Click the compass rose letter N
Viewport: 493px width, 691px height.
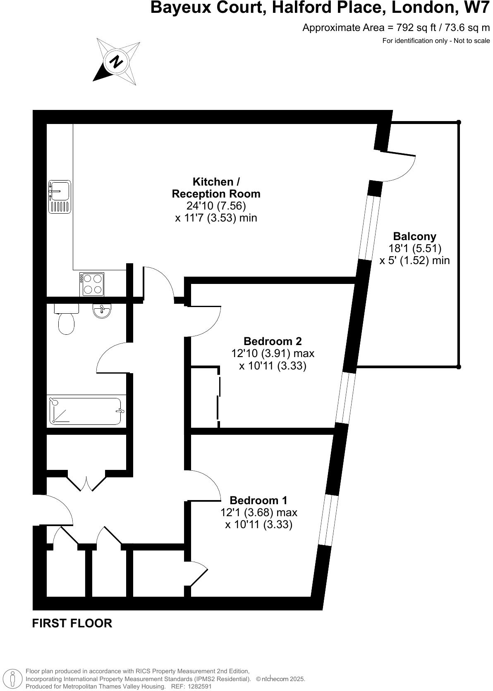coord(117,62)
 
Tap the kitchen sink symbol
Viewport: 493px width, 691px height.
coord(59,197)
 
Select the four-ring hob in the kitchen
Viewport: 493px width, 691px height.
coord(92,284)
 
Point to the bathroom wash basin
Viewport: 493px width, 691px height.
coord(101,311)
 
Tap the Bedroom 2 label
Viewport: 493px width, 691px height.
coord(273,341)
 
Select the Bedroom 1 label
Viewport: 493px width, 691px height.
coord(258,500)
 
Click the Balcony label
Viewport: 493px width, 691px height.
coord(414,236)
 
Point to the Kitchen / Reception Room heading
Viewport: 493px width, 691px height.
coord(216,188)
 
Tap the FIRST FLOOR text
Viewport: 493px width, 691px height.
coord(72,623)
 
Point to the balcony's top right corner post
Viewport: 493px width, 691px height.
coord(458,122)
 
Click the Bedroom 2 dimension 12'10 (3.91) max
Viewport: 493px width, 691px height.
coord(273,354)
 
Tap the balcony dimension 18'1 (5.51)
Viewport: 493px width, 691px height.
coord(414,248)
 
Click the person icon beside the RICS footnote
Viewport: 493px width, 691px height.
coord(13,678)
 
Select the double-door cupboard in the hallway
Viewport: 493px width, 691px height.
coord(87,481)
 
